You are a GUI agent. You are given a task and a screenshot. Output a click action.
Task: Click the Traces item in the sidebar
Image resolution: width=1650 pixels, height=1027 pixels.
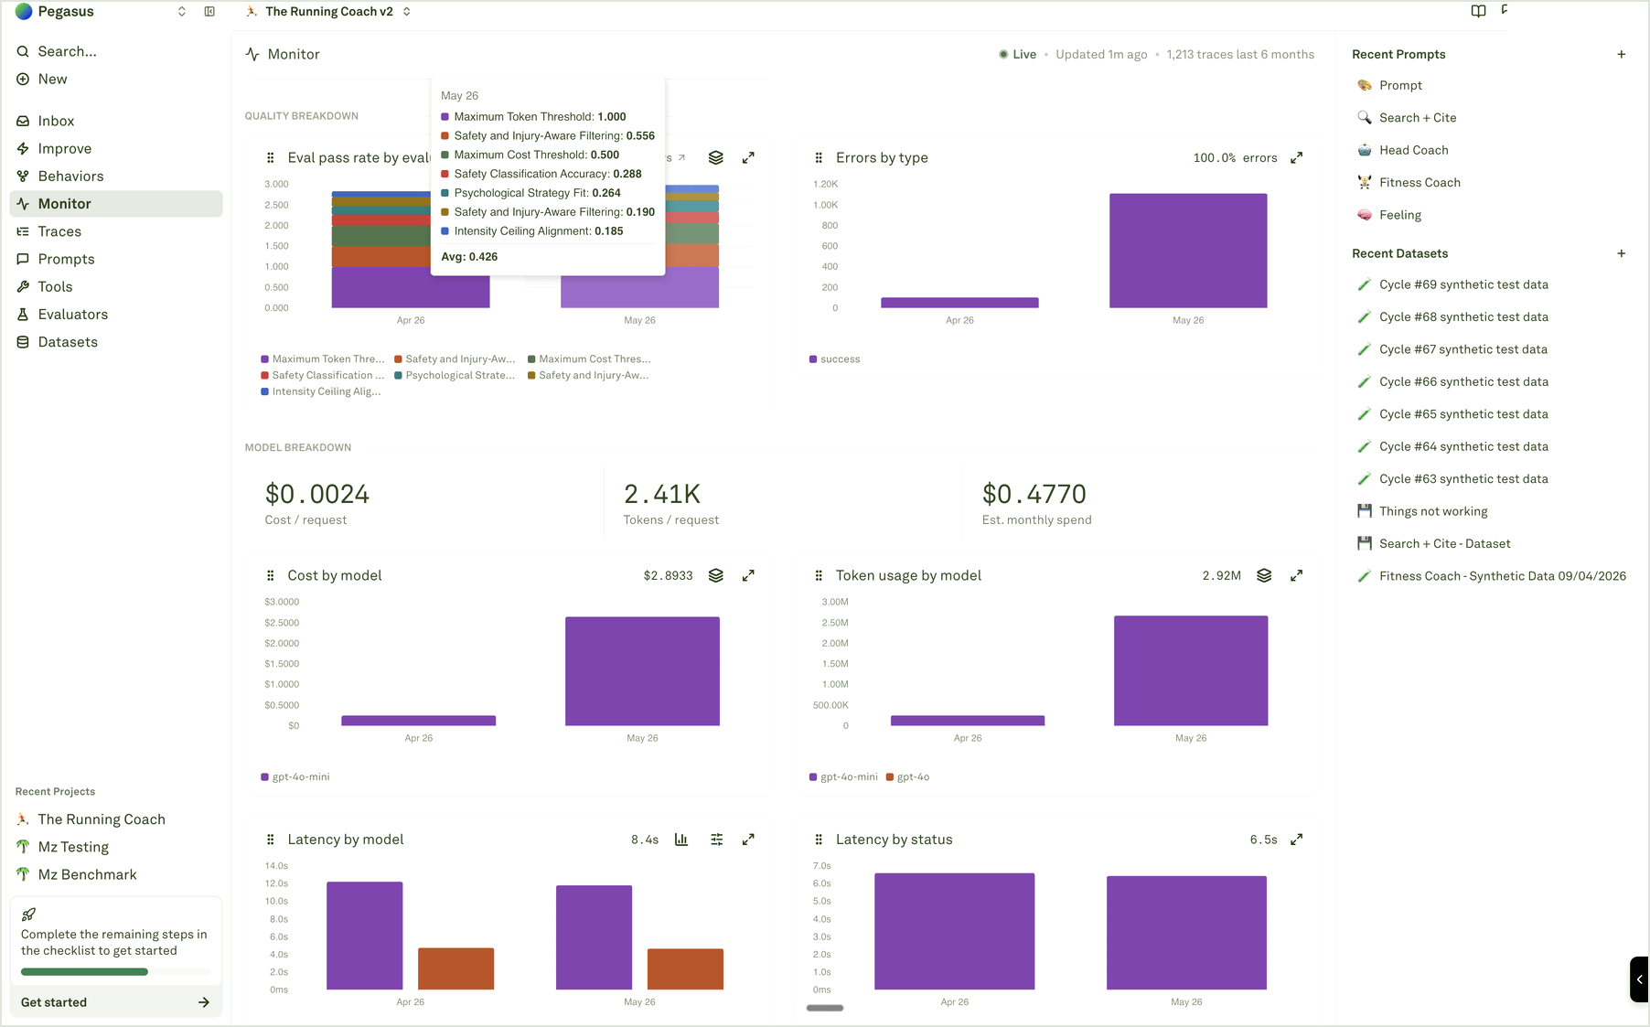click(59, 231)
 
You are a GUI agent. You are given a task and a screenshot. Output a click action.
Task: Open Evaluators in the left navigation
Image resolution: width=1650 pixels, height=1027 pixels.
click(72, 315)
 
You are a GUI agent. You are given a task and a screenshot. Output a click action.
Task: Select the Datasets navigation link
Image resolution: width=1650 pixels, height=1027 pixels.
click(68, 342)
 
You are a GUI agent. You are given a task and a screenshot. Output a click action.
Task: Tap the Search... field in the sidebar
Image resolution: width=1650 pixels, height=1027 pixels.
click(67, 51)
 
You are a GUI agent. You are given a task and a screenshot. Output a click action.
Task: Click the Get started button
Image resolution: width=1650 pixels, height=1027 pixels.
click(115, 1002)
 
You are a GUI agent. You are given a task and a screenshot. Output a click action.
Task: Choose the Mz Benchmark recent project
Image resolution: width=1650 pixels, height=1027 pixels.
click(87, 874)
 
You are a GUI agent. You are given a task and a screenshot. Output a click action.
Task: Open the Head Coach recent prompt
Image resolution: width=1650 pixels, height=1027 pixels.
click(1413, 150)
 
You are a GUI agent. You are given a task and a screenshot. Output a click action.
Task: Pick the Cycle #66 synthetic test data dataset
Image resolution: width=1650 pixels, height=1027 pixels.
click(1463, 381)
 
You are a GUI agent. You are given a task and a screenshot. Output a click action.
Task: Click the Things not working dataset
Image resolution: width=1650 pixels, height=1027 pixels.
click(1433, 511)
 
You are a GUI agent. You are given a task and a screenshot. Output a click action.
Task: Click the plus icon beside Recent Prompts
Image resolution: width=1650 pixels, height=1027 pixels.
click(1621, 54)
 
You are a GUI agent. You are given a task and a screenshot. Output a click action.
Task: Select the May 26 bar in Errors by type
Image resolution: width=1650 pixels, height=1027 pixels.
click(1188, 251)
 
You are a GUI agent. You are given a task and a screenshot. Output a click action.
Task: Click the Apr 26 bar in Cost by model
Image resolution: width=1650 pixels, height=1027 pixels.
click(419, 721)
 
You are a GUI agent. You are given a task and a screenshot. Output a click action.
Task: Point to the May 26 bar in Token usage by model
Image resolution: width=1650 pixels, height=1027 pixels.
click(1191, 670)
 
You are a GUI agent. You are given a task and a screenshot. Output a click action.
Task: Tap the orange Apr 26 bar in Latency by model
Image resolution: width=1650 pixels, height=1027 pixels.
click(456, 968)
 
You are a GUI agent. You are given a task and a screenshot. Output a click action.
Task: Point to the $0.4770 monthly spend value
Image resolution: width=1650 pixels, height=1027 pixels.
click(1034, 494)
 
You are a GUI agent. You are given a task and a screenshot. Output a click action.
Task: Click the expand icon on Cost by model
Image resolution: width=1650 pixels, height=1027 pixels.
click(748, 575)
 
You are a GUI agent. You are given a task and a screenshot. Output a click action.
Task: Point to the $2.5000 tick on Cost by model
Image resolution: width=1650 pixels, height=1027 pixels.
click(282, 623)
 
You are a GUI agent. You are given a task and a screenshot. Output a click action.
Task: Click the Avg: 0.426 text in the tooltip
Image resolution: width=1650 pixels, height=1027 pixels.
click(469, 257)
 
